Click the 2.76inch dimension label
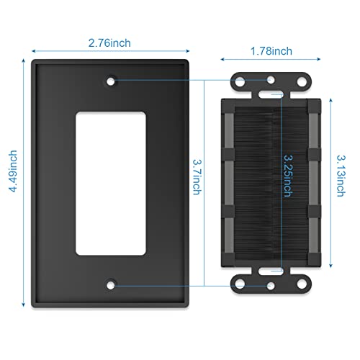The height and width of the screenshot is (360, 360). click(x=109, y=43)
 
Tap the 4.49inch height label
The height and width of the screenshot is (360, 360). click(x=13, y=171)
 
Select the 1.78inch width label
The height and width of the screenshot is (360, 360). click(x=271, y=51)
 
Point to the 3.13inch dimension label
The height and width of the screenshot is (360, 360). click(x=341, y=176)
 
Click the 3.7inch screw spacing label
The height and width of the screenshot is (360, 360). click(x=197, y=177)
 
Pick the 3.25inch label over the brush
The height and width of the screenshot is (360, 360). click(x=288, y=176)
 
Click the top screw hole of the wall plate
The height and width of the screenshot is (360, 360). click(x=111, y=81)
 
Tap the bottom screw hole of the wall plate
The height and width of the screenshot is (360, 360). click(x=111, y=285)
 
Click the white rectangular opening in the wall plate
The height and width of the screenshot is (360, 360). click(x=111, y=184)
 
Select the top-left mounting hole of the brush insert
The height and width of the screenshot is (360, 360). click(x=240, y=82)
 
